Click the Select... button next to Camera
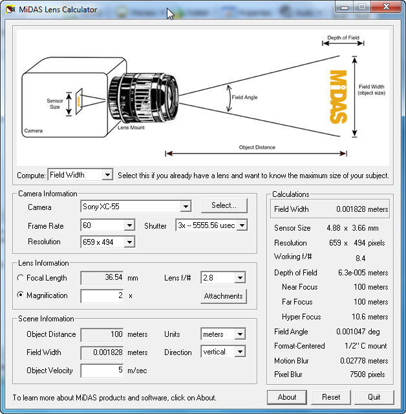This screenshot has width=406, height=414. click(x=224, y=205)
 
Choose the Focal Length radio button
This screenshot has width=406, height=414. click(x=21, y=278)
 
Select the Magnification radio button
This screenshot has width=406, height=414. click(x=21, y=295)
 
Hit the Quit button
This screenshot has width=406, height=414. click(x=374, y=397)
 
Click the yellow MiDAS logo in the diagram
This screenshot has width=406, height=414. click(x=339, y=96)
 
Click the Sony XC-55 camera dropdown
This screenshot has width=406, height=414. click(x=136, y=207)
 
